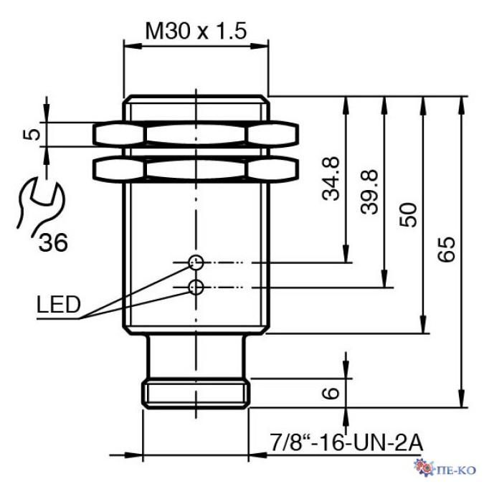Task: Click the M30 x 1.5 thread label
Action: (x=196, y=31)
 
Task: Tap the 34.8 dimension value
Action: (x=331, y=179)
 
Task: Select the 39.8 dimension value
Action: (x=369, y=191)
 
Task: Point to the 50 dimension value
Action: (x=408, y=214)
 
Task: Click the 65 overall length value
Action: (x=447, y=250)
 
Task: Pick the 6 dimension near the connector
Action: (x=331, y=393)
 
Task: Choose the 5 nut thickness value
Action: (x=32, y=135)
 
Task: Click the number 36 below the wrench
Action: (x=53, y=242)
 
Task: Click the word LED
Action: (x=59, y=304)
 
